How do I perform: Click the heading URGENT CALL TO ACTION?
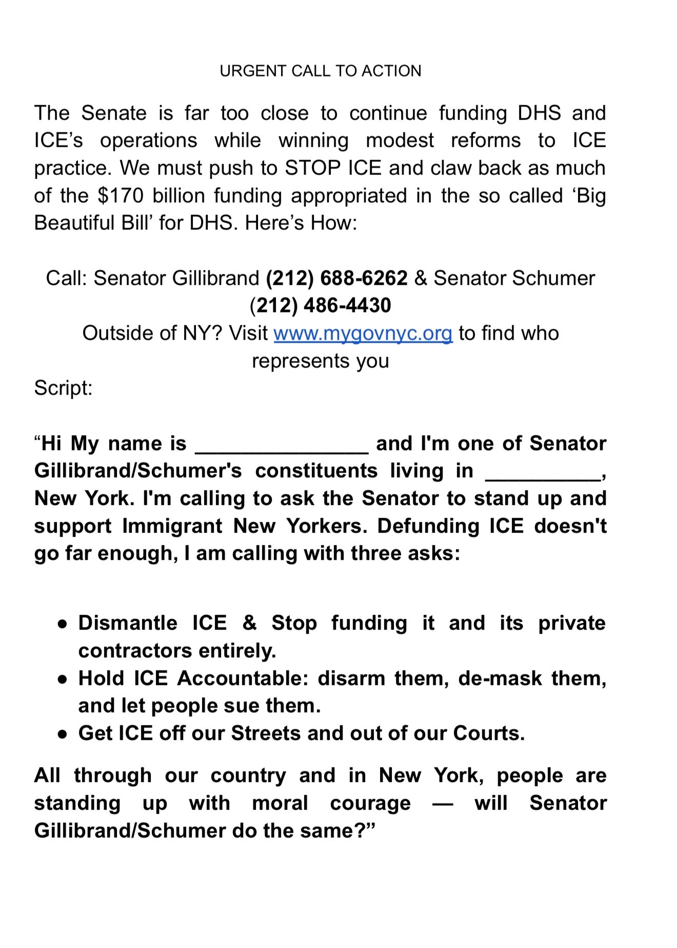(x=320, y=71)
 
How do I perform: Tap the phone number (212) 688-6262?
(x=336, y=278)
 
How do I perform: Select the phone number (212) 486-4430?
(x=320, y=306)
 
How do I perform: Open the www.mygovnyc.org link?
(x=363, y=333)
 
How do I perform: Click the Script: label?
(x=63, y=388)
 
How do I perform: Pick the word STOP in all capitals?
(x=313, y=168)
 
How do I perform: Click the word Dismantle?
(x=128, y=623)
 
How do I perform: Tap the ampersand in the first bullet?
(x=249, y=623)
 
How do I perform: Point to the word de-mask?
(x=500, y=679)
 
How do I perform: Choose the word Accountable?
(x=243, y=679)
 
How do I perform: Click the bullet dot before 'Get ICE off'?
(x=63, y=734)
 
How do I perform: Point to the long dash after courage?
(x=442, y=804)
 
